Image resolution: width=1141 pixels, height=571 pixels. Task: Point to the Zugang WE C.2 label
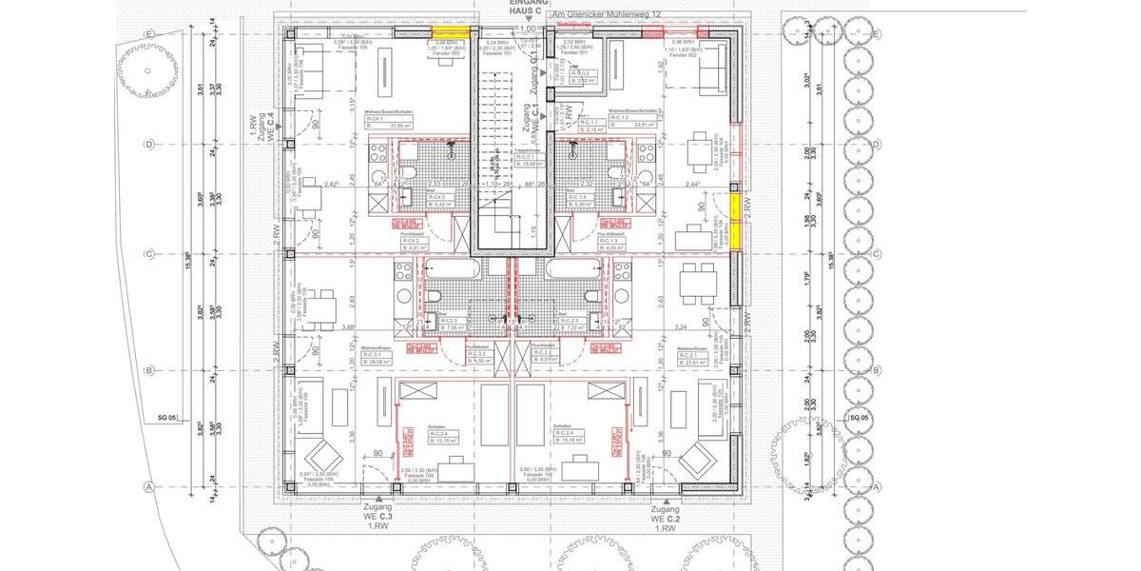click(x=665, y=516)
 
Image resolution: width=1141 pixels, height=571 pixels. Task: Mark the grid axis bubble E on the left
click(x=147, y=33)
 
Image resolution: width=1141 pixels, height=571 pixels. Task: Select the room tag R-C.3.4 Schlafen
click(x=440, y=437)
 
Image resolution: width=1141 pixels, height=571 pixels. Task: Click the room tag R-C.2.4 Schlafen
click(x=572, y=437)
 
